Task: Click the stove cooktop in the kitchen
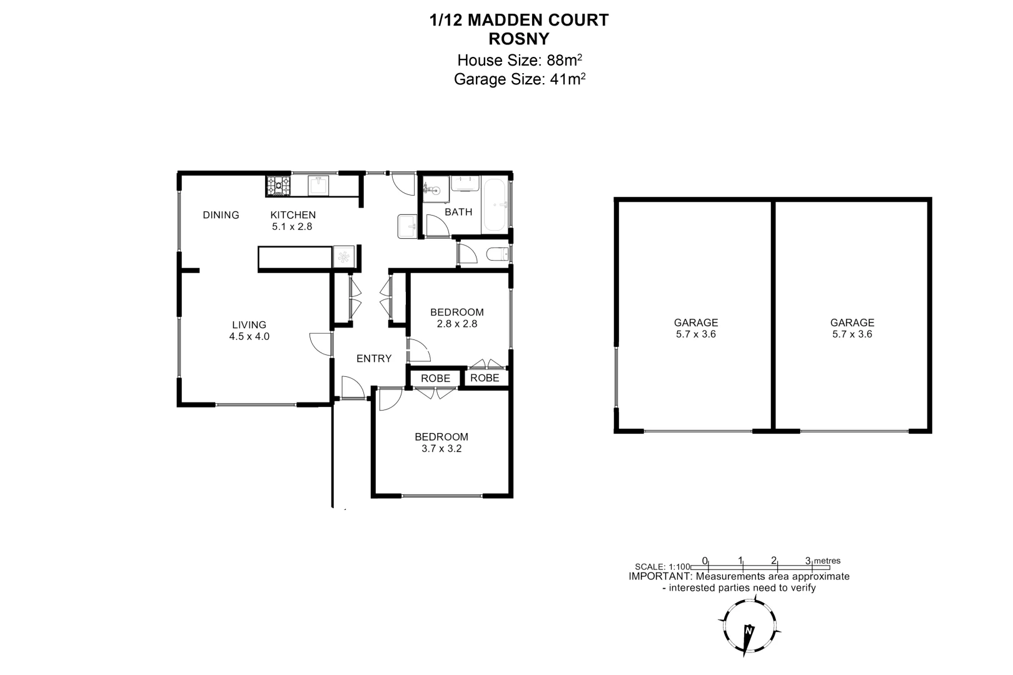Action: point(279,186)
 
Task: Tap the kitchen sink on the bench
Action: point(318,186)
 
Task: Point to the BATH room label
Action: point(458,212)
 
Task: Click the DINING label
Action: point(221,215)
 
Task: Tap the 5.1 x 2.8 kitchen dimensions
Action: point(292,227)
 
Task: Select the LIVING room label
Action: point(249,325)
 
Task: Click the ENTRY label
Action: point(374,359)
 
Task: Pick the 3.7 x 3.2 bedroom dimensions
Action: point(441,449)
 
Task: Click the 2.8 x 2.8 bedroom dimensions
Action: point(457,324)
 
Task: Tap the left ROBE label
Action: point(435,379)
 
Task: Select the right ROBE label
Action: point(485,378)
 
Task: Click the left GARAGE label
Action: point(695,323)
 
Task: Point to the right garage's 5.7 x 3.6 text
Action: point(852,334)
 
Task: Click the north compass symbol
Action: point(748,632)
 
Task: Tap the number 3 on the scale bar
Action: point(808,561)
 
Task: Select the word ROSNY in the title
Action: point(518,39)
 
